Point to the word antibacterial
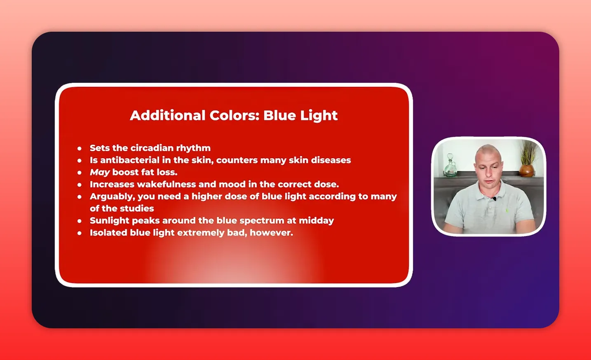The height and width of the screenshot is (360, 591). (129, 160)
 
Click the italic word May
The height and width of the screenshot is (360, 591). (100, 172)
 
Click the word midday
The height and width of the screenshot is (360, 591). (316, 220)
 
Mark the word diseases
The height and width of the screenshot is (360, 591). (331, 160)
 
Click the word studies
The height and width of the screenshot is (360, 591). (138, 208)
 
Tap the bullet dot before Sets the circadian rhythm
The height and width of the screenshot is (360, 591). (80, 148)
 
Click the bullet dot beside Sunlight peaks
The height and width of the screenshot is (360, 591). (80, 221)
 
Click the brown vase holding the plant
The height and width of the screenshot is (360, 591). (526, 170)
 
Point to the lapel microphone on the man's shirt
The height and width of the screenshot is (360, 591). (494, 199)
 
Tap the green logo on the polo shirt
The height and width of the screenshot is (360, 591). (507, 210)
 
